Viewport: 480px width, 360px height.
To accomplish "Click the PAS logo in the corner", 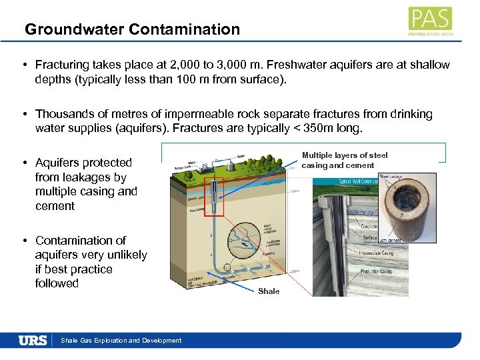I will pyautogui.click(x=431, y=21).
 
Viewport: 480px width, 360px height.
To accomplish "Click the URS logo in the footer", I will pyautogui.click(x=33, y=340).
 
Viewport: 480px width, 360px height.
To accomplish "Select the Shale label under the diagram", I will pyautogui.click(x=269, y=291).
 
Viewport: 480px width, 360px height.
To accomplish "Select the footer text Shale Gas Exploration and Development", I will pyautogui.click(x=121, y=341).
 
